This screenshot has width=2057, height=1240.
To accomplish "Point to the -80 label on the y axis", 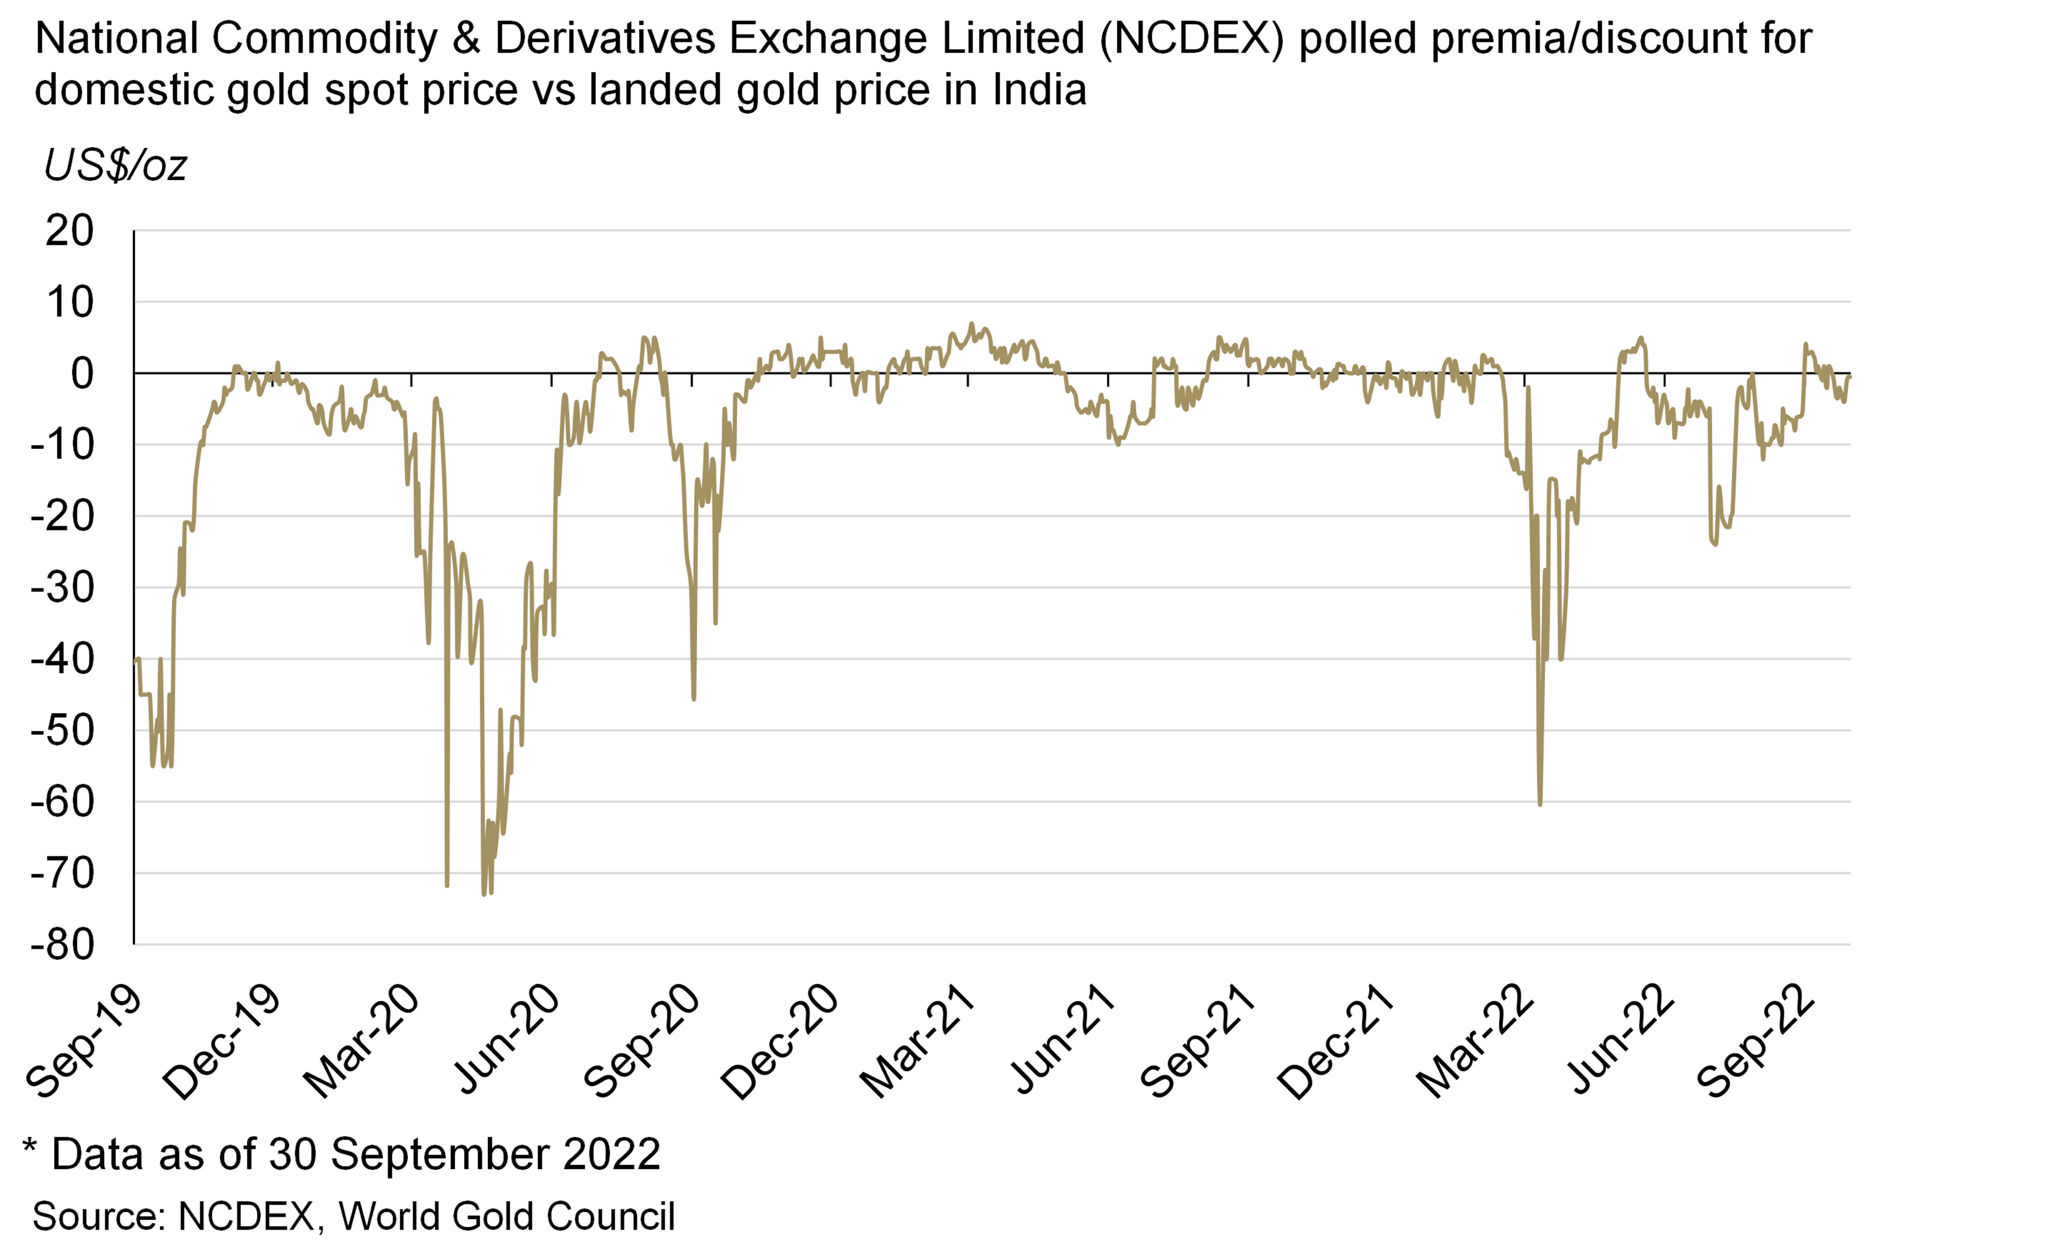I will (63, 945).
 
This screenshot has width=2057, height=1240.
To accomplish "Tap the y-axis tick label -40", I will (63, 659).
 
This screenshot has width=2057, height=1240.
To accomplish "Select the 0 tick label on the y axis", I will (82, 373).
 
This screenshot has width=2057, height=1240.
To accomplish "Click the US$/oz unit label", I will (115, 165).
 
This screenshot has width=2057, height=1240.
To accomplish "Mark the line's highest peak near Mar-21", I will (971, 323).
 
